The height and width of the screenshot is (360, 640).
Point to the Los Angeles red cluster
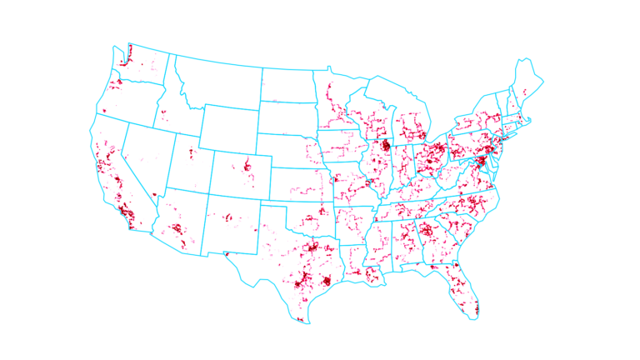coord(126,210)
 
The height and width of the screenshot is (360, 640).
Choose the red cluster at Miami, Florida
coord(476,311)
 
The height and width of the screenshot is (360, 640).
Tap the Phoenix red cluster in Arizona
coord(176,228)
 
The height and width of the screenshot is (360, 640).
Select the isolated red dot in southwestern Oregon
coord(104,111)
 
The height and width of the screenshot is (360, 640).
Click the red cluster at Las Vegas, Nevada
coord(154,195)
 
